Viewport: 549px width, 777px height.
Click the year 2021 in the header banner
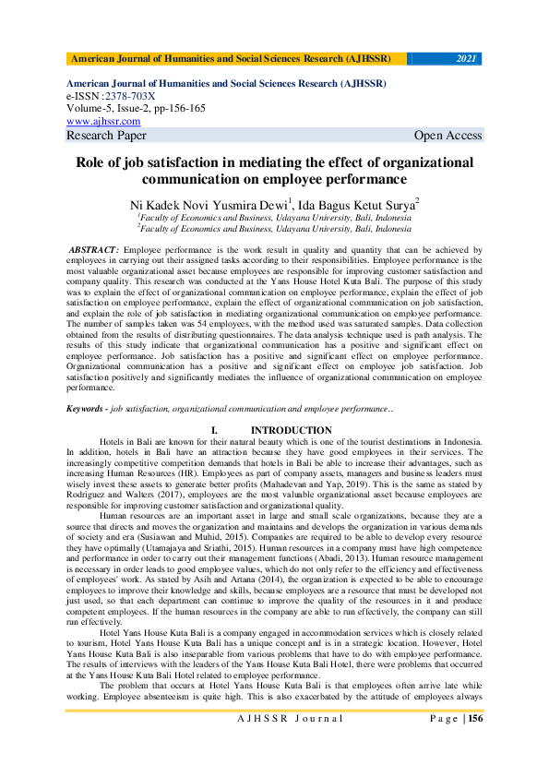coord(466,59)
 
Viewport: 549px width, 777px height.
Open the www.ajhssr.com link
coord(103,121)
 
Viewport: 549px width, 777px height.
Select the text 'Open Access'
coord(448,136)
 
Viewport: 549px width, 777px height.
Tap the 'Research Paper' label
coord(106,136)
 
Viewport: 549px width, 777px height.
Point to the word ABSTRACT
coord(94,250)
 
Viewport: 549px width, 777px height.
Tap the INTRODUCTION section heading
coord(291,431)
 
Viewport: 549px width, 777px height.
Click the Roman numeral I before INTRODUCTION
coord(214,431)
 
